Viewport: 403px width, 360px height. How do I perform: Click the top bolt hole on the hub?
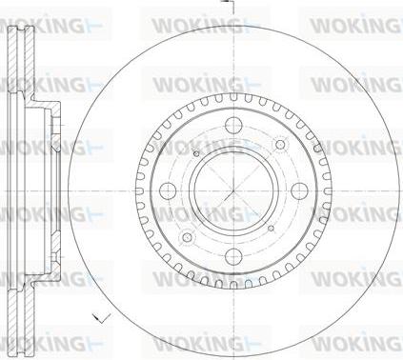[233, 126]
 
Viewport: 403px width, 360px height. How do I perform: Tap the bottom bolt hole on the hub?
[233, 256]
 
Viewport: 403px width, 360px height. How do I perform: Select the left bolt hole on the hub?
[168, 190]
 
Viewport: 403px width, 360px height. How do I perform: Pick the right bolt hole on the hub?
[299, 190]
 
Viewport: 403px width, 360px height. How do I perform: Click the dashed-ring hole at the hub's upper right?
[280, 145]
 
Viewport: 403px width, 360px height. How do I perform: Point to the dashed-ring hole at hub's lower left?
[188, 237]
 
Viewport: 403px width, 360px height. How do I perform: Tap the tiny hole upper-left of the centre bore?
[196, 154]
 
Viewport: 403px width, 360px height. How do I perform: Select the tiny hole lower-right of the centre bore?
[271, 228]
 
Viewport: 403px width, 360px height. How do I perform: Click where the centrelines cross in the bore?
[233, 190]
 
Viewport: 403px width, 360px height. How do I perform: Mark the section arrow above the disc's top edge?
[230, 6]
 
